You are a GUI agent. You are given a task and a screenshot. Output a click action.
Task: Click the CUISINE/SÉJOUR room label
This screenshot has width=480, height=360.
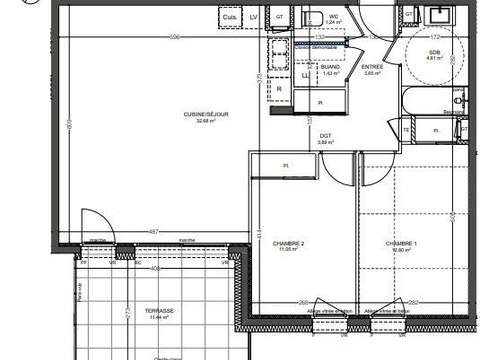[205, 114]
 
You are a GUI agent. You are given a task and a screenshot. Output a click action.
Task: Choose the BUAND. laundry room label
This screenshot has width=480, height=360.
[329, 67]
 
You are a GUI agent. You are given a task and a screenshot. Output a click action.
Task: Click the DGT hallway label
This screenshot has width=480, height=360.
[325, 136]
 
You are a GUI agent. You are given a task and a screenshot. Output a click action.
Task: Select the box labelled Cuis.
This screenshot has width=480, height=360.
[231, 16]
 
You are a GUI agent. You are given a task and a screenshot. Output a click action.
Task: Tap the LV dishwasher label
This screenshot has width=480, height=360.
[253, 16]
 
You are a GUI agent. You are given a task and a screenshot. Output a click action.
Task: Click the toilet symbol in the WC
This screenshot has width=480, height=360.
[313, 14]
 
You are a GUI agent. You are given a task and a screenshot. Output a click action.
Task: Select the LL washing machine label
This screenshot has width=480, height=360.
[304, 75]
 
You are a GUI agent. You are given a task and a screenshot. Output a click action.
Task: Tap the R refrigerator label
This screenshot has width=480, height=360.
[279, 89]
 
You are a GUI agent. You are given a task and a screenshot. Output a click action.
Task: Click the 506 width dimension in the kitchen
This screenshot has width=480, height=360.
[175, 37]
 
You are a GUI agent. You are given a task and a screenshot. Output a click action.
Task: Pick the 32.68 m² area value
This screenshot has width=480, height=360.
[205, 121]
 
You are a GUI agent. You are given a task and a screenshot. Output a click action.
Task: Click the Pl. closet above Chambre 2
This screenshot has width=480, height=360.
[285, 165]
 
